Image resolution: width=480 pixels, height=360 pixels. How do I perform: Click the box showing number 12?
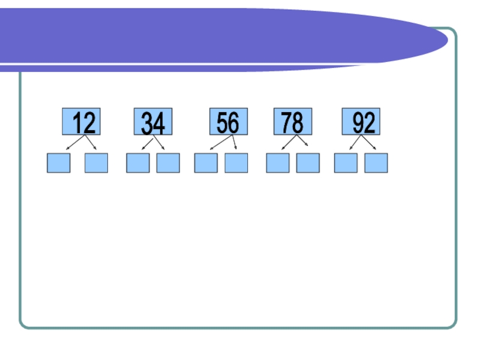[x=81, y=122]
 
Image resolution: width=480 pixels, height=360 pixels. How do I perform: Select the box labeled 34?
[x=153, y=122]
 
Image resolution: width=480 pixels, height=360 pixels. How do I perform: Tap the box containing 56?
[x=228, y=122]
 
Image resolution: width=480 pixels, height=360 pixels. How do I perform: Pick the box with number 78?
[x=293, y=122]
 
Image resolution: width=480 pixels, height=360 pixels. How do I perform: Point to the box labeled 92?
[x=361, y=122]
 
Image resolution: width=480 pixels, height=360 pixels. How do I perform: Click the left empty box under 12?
[x=59, y=163]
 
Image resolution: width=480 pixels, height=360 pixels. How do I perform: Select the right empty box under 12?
[x=96, y=163]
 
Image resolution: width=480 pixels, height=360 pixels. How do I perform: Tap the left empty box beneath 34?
[x=137, y=163]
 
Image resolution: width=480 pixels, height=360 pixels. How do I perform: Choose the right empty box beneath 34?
[x=168, y=163]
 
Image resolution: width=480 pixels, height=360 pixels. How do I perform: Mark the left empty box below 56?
[x=206, y=163]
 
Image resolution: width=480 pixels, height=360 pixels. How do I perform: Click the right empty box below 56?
[x=236, y=163]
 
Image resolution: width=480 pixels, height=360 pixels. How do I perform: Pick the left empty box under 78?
[x=278, y=163]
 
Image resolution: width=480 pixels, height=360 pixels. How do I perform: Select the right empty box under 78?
[x=308, y=163]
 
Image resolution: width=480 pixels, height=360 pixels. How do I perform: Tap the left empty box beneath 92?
[x=346, y=163]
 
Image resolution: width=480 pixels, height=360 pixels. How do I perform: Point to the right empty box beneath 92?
[x=376, y=163]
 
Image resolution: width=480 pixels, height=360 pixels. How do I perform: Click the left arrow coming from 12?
[x=74, y=143]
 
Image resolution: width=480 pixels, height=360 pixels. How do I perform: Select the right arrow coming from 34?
[x=158, y=143]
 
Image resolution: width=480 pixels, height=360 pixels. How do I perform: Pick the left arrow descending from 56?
[x=221, y=142]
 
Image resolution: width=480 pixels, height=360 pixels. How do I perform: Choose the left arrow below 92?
[x=355, y=143]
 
